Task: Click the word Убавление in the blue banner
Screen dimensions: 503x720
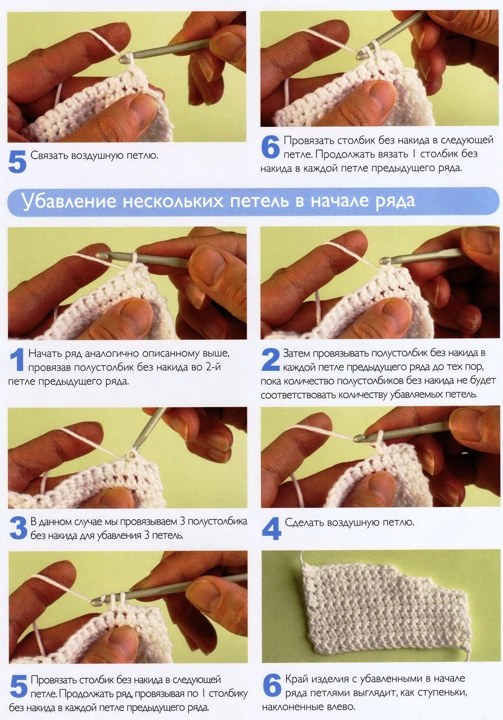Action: click(68, 202)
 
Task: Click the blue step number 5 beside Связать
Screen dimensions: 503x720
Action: click(17, 162)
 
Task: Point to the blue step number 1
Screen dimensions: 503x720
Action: click(18, 360)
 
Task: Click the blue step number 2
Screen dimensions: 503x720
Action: click(271, 360)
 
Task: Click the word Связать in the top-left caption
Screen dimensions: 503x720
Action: click(49, 155)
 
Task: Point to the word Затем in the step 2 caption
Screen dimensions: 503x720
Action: click(296, 353)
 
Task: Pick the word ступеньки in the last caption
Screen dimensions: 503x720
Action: click(442, 693)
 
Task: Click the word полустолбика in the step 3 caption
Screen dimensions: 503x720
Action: click(217, 522)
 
